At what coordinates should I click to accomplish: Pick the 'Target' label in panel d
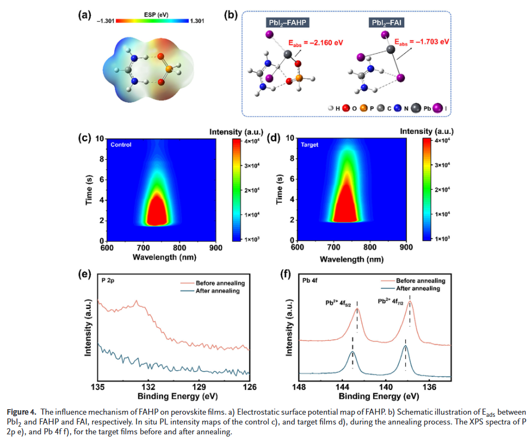(310, 145)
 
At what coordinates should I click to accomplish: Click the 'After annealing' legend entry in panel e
(213, 292)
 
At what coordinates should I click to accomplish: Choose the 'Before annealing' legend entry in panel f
(420, 280)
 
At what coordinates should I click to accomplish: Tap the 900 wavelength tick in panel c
(216, 247)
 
